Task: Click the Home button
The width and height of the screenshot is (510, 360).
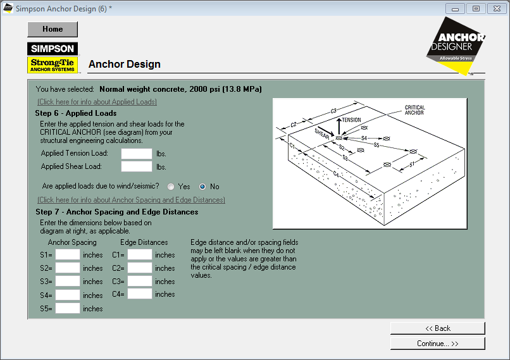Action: pos(53,29)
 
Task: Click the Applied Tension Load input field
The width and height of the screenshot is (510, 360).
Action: pos(137,153)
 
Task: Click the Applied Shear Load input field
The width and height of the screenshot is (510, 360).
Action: pos(137,166)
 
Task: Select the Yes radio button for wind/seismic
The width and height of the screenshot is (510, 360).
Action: pos(171,187)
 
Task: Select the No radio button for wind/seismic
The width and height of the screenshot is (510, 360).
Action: pos(202,187)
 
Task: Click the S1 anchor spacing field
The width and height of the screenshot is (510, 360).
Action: pos(68,254)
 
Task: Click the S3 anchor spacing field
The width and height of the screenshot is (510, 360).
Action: pos(68,281)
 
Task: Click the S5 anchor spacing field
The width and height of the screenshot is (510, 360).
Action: pos(68,308)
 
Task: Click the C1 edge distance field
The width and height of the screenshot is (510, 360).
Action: pos(140,254)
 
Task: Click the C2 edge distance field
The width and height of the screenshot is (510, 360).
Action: pos(140,268)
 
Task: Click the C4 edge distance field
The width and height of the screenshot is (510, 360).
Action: pos(140,294)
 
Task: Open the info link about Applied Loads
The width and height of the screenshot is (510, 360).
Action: pos(97,102)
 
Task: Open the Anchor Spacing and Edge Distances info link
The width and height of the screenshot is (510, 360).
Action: pos(131,200)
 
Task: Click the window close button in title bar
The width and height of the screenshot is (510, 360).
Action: pos(495,8)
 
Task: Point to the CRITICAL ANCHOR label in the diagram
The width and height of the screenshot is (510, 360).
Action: pos(414,111)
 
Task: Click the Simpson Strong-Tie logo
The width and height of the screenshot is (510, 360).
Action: pos(53,57)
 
